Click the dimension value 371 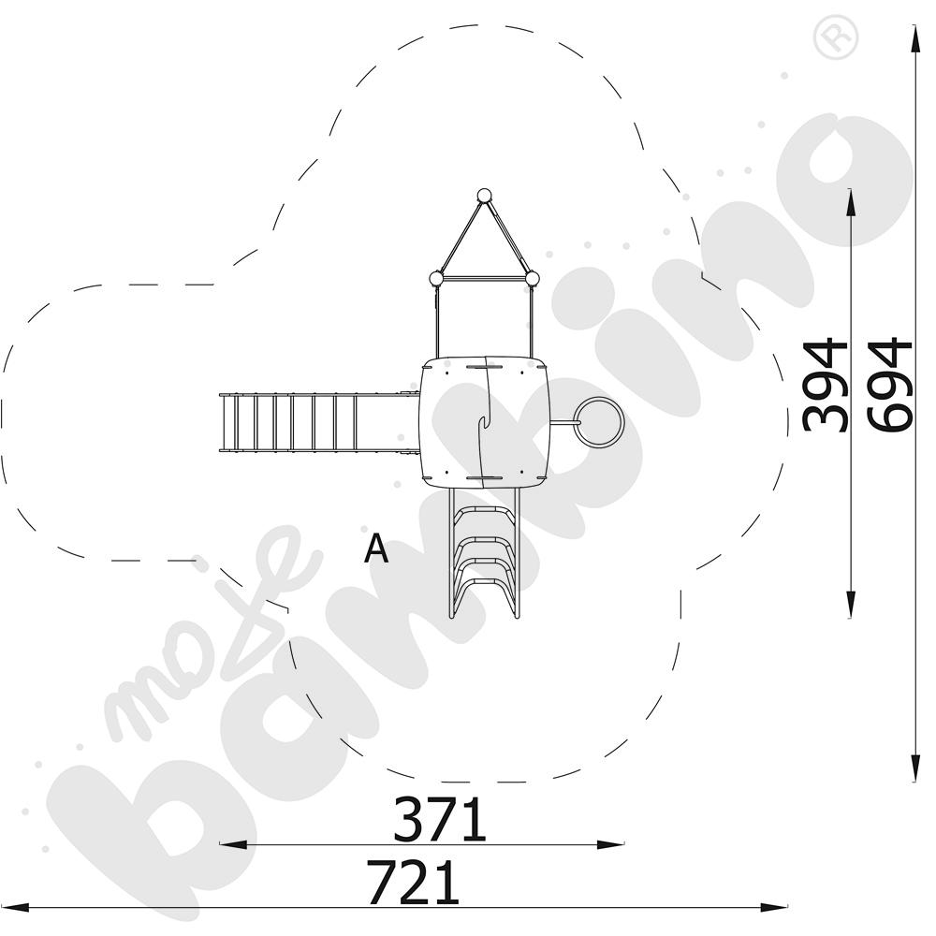point(440,820)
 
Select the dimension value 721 point(414,883)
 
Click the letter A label point(376,548)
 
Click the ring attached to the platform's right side point(599,422)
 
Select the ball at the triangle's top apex point(484,196)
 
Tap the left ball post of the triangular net point(437,279)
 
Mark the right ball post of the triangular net point(532,278)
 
